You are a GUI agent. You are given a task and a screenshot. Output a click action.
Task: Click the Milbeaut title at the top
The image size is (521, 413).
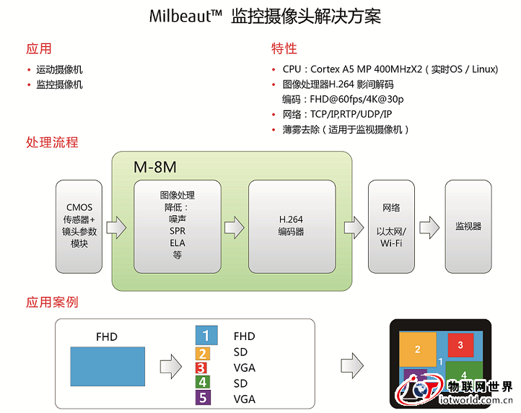[x=265, y=16]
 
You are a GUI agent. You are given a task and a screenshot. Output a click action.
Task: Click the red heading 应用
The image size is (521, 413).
[x=39, y=48]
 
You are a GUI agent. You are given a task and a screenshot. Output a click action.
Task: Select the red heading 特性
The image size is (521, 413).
[x=284, y=48]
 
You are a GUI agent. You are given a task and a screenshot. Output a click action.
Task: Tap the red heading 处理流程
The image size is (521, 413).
[x=52, y=142]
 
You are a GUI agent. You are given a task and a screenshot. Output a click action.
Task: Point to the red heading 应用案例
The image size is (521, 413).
[x=52, y=303]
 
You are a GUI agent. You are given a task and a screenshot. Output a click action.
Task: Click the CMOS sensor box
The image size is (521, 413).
[x=79, y=227]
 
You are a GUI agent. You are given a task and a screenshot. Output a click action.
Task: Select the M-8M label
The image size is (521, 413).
[x=155, y=167]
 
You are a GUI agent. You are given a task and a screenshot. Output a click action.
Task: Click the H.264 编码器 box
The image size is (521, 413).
[x=292, y=227]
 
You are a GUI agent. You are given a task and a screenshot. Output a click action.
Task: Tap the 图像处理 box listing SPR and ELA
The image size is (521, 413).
[x=178, y=227]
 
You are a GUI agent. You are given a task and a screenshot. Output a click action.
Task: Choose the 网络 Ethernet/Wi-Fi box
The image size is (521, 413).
[x=391, y=227]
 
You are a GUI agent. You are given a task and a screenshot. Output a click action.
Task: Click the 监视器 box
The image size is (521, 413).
[x=468, y=227]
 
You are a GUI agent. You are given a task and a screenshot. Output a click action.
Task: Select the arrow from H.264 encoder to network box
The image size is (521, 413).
[x=354, y=227]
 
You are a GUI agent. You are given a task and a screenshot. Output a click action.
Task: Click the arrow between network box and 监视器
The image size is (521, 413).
[x=429, y=227]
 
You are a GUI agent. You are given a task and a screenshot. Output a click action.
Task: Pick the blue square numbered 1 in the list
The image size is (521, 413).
[x=206, y=335]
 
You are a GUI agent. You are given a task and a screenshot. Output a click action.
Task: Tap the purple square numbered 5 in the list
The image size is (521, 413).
[x=203, y=397]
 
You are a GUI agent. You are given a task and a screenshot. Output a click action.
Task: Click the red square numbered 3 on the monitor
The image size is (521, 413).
[x=460, y=345]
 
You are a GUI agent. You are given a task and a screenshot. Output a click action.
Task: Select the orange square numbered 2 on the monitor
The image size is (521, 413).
[x=418, y=349]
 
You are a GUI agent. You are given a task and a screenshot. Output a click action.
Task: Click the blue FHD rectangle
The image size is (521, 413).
[x=108, y=367]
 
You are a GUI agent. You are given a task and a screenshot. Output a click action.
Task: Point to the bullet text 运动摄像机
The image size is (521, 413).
[x=59, y=69]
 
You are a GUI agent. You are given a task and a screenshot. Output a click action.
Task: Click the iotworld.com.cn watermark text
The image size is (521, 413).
[x=476, y=400]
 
